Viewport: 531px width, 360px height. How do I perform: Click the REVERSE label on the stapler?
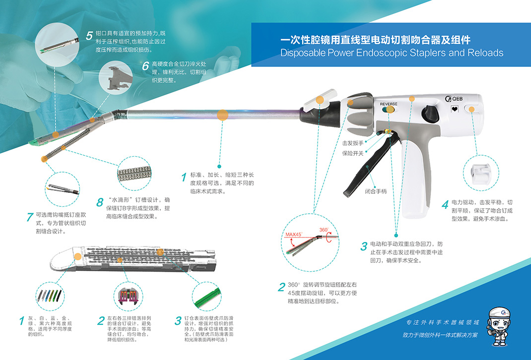[x=389, y=104]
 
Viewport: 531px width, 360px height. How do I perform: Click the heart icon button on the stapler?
[x=454, y=109]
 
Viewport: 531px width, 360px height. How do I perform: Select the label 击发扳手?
[x=353, y=143]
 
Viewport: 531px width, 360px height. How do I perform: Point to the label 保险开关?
[x=353, y=153]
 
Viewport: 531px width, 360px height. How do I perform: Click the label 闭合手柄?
[x=375, y=191]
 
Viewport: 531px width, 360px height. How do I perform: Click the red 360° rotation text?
[x=324, y=230]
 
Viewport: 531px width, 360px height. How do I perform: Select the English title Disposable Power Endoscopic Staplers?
[x=392, y=53]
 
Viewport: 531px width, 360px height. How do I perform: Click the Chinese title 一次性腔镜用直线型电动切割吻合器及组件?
[x=375, y=40]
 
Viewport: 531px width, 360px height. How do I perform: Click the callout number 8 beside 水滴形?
[x=100, y=202]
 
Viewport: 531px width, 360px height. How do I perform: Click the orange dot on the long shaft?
[x=222, y=115]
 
